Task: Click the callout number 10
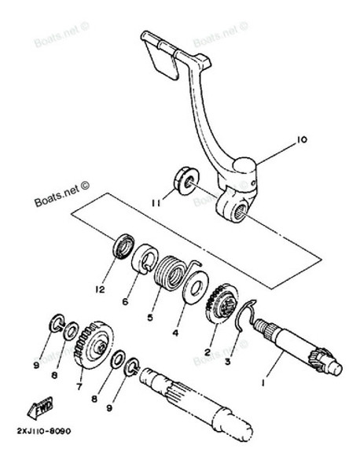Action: click(x=302, y=139)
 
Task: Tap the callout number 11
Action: click(x=156, y=204)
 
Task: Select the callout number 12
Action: click(x=101, y=289)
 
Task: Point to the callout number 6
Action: click(x=125, y=301)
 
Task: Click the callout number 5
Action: click(x=150, y=318)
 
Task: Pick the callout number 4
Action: click(x=175, y=333)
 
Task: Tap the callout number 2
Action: click(x=207, y=352)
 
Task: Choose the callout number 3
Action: click(x=227, y=362)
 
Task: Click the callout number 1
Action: click(x=263, y=383)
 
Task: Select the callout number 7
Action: click(x=79, y=386)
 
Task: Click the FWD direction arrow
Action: click(x=40, y=408)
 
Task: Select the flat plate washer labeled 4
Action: click(x=196, y=287)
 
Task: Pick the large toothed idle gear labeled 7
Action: click(x=93, y=345)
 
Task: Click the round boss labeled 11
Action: click(x=186, y=181)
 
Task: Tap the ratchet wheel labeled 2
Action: click(x=221, y=305)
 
